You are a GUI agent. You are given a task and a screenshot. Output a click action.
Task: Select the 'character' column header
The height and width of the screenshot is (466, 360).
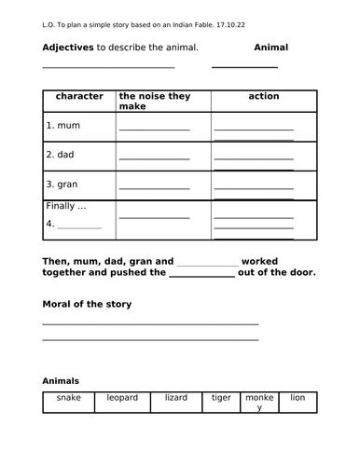click(x=79, y=96)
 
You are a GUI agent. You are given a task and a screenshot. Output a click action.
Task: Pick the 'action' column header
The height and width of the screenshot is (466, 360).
click(x=264, y=96)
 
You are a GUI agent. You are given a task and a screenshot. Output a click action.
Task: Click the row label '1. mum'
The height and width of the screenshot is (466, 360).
click(x=63, y=124)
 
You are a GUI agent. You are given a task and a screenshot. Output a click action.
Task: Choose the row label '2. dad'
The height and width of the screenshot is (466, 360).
click(x=62, y=155)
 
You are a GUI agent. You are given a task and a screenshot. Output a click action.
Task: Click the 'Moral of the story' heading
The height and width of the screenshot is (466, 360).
click(x=88, y=304)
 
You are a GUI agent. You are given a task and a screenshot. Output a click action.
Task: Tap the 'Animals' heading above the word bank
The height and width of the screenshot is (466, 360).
click(x=61, y=380)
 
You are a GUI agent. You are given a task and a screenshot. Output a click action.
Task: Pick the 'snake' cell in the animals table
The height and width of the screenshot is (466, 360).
click(x=68, y=398)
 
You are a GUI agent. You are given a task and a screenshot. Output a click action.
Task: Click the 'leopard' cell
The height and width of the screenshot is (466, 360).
click(x=122, y=398)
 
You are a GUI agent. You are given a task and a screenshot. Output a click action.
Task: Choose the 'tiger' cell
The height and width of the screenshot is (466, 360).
click(x=221, y=398)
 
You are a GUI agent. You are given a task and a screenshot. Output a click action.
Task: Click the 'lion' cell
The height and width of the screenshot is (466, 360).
click(x=298, y=398)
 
